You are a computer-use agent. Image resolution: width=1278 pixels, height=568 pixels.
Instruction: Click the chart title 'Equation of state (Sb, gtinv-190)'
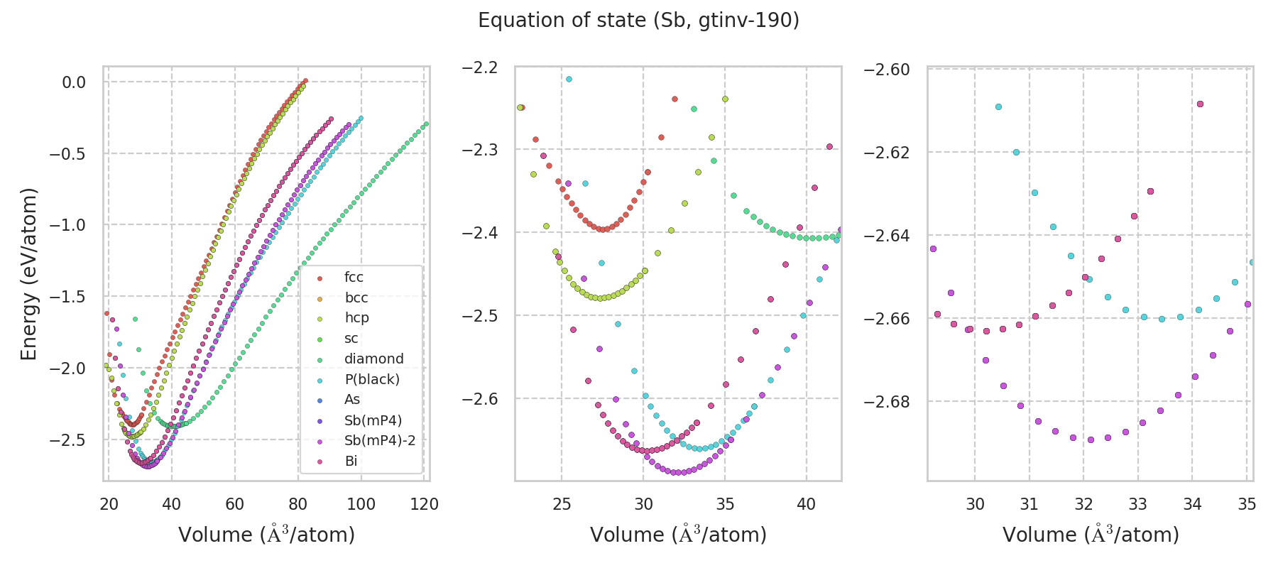[638, 21]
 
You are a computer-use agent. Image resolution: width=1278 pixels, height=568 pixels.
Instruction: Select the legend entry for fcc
[354, 278]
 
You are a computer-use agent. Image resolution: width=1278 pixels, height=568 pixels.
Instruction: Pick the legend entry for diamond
[373, 359]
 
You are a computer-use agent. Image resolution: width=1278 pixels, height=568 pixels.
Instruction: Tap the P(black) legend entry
[371, 380]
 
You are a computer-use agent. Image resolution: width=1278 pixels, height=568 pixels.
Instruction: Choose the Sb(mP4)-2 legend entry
[379, 441]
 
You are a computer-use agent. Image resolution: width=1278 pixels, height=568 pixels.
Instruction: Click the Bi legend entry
[351, 461]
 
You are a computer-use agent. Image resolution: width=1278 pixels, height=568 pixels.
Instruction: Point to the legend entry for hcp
[356, 318]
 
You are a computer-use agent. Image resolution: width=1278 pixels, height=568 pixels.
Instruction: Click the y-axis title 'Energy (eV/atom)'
[28, 273]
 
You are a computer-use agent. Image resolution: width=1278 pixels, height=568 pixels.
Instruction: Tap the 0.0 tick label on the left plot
[74, 82]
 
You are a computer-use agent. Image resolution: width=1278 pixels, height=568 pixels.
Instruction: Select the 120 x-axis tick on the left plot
[425, 504]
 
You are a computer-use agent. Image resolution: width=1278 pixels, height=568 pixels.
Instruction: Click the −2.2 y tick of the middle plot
[480, 67]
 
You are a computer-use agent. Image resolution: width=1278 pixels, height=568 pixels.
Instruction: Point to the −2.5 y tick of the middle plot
[480, 315]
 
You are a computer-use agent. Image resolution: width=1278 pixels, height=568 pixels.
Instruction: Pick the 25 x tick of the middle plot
[562, 504]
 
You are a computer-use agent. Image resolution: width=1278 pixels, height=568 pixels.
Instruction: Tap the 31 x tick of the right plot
[1029, 504]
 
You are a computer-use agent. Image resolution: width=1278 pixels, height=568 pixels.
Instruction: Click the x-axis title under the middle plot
[678, 535]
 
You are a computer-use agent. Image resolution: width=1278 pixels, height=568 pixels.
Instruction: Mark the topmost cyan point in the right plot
[998, 106]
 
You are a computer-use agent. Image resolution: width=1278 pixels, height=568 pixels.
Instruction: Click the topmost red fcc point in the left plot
[305, 81]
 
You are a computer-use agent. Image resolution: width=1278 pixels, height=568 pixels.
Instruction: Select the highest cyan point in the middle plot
[569, 79]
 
